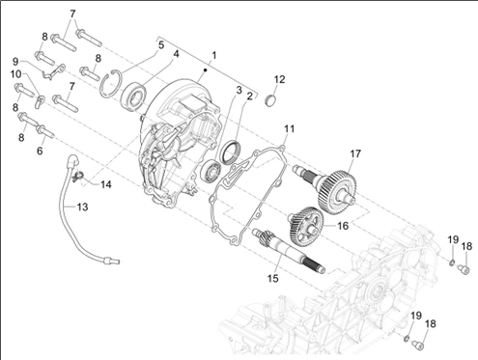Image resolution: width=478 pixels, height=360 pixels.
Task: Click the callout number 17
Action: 355,153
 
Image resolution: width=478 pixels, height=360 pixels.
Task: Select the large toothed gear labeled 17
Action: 336,191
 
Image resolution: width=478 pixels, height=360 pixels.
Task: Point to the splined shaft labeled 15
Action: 288,251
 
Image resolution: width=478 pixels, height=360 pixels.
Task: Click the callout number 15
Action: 272,278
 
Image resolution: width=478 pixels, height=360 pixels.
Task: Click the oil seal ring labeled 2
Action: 229,152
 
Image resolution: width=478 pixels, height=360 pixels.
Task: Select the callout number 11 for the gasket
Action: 289,129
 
